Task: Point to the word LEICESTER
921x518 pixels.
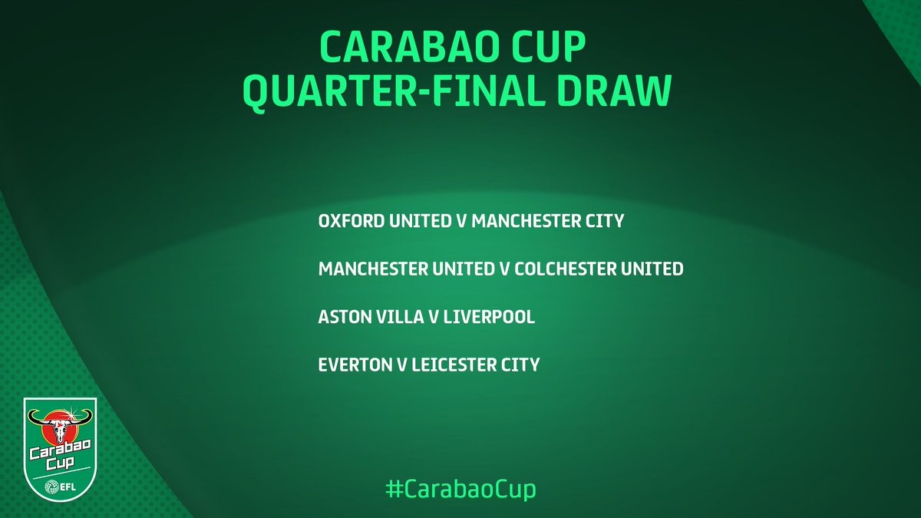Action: pyautogui.click(x=450, y=365)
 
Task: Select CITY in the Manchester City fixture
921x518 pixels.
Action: pyautogui.click(x=604, y=222)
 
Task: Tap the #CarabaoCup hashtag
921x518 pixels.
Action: pyautogui.click(x=460, y=489)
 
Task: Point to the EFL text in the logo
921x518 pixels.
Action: pyautogui.click(x=68, y=485)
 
